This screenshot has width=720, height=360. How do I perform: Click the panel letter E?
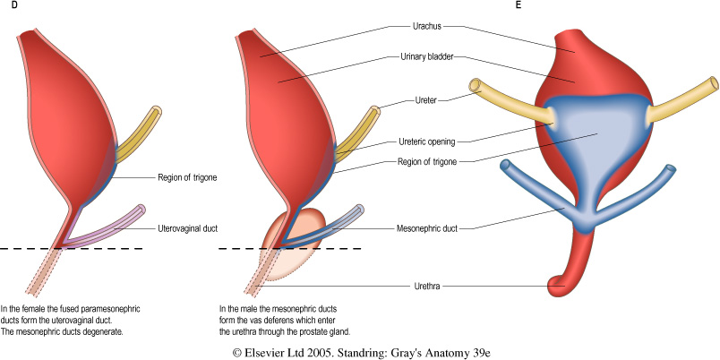point(519,6)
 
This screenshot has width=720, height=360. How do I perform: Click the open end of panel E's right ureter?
point(713,87)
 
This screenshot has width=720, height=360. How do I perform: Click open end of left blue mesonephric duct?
point(506,165)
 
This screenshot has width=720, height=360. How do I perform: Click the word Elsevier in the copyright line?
point(279,352)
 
